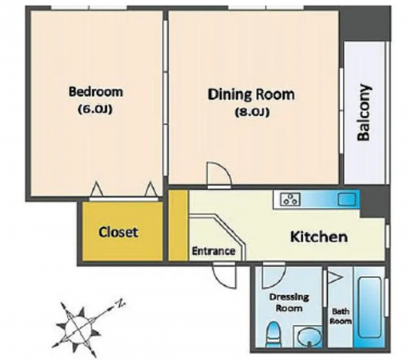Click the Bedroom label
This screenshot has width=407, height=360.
(96, 92)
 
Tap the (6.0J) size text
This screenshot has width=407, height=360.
(94, 109)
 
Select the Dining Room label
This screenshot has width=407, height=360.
(251, 94)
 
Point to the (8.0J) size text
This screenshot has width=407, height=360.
(252, 112)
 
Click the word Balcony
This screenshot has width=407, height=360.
(364, 112)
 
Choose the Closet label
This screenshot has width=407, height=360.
(118, 232)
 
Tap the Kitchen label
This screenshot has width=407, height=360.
(319, 237)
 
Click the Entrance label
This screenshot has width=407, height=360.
(213, 251)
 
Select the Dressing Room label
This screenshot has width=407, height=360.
(289, 302)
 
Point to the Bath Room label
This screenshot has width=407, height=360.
(341, 316)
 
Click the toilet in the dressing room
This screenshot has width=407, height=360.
(273, 334)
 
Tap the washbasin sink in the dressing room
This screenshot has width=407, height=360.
(309, 336)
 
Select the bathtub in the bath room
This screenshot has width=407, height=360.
(369, 307)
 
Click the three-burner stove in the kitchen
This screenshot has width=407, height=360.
(290, 199)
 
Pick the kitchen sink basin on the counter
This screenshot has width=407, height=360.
(347, 199)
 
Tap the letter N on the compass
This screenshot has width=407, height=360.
(121, 303)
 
